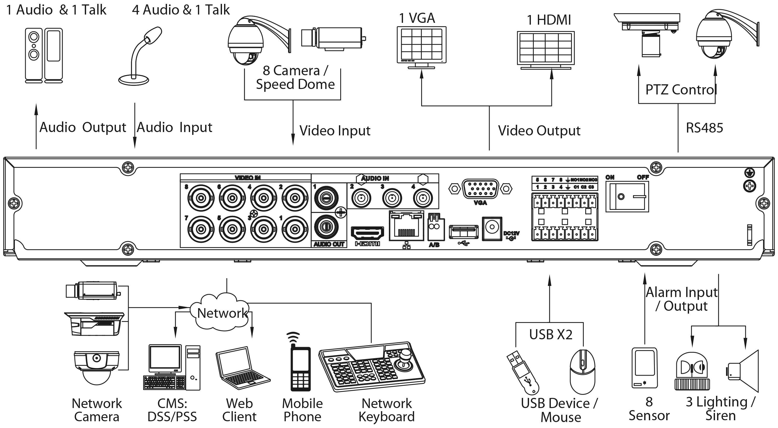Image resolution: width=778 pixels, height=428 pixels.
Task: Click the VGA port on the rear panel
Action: tap(480, 189)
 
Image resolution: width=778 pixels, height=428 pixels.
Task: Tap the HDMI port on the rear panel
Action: tap(367, 233)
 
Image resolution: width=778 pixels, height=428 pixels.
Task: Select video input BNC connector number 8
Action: tap(201, 198)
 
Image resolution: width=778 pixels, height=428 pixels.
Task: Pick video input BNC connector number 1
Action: tap(295, 229)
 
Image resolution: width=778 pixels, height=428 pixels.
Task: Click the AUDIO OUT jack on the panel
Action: tap(326, 227)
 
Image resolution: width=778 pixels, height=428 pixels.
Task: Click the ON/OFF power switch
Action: tap(627, 197)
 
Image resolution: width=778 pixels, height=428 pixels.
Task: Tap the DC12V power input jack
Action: tap(492, 228)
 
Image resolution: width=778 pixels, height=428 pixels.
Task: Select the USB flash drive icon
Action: tap(523, 373)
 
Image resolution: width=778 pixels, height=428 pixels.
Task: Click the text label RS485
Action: tap(704, 128)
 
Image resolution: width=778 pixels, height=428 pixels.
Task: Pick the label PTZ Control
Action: tap(681, 90)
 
